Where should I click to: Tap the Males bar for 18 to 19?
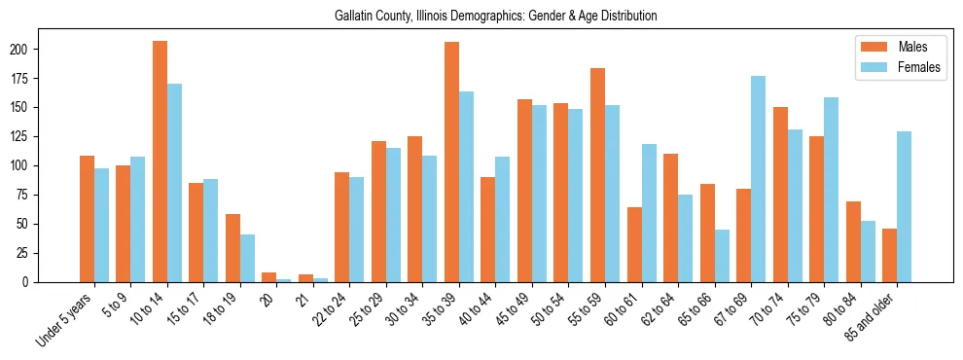pyautogui.click(x=232, y=248)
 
